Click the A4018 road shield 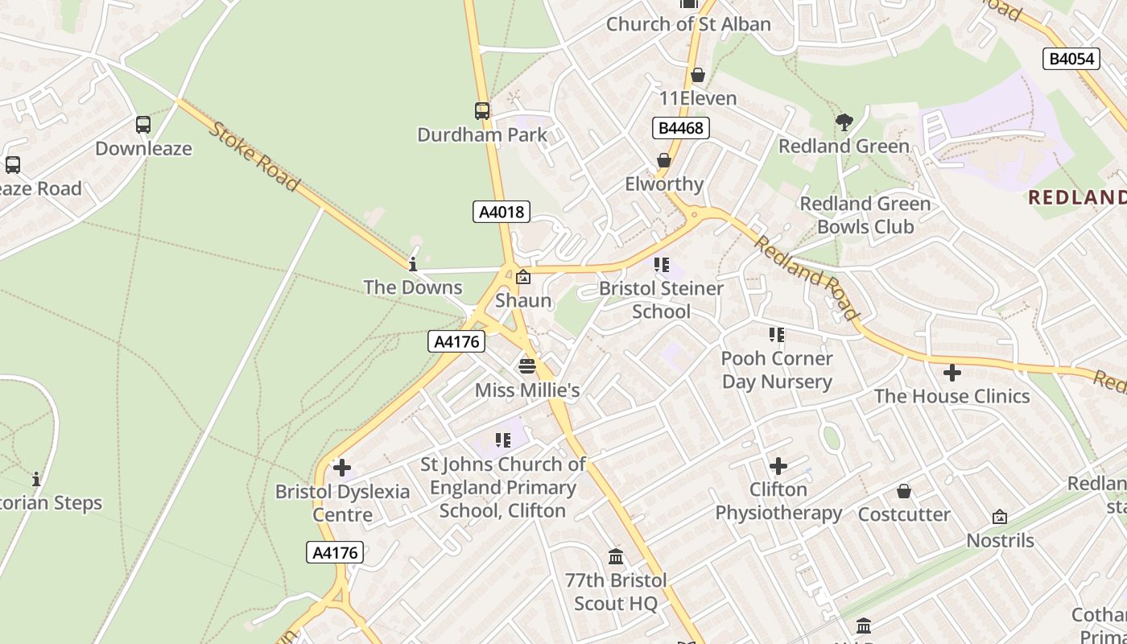click(501, 212)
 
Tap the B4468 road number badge click(680, 127)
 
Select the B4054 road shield click(1071, 58)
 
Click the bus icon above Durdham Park click(481, 111)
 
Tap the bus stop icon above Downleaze click(143, 125)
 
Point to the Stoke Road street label click(254, 156)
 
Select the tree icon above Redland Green click(844, 122)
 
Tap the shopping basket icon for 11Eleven click(697, 75)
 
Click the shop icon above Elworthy click(664, 160)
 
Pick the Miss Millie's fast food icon click(527, 366)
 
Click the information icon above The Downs click(413, 264)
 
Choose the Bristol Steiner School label click(661, 299)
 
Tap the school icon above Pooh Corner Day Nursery click(776, 334)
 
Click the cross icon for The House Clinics click(952, 373)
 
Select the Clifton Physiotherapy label click(778, 501)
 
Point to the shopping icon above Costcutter click(904, 491)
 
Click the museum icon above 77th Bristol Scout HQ click(616, 556)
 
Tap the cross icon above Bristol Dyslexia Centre click(342, 467)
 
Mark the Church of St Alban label click(688, 24)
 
